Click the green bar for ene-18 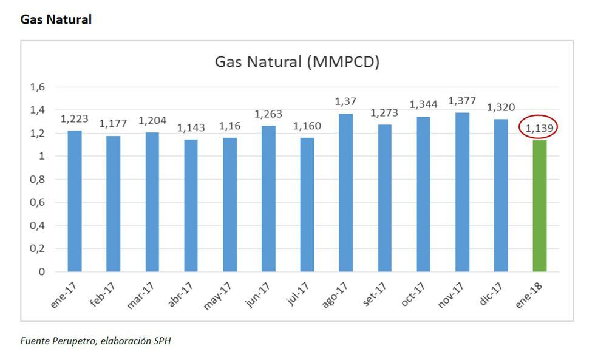(x=540, y=206)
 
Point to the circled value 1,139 (x=537, y=128)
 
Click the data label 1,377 (x=462, y=101)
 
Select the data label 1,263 (x=268, y=114)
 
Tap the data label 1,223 (x=74, y=119)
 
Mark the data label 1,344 (x=423, y=105)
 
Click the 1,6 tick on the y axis (x=38, y=87)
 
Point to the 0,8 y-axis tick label (x=38, y=179)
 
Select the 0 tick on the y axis (x=42, y=272)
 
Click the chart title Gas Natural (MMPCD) (x=297, y=62)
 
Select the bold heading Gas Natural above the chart (x=56, y=19)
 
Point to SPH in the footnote (x=163, y=341)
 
